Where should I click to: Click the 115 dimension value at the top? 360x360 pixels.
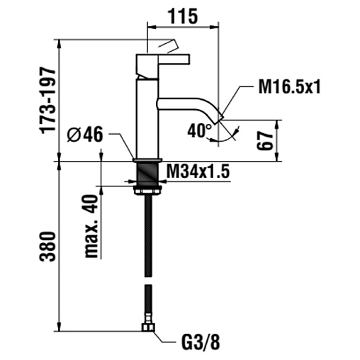coord(183,16)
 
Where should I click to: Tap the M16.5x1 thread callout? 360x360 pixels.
coord(289,86)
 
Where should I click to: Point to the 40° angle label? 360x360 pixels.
coord(200,131)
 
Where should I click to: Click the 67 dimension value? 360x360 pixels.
coord(264,141)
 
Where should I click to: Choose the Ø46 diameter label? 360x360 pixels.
coord(85,134)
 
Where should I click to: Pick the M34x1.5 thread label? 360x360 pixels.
coord(198,171)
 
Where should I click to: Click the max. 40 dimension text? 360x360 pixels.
coord(91,226)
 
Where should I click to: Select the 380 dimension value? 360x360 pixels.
coord(47,247)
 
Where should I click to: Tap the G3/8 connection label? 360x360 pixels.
coord(201,342)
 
